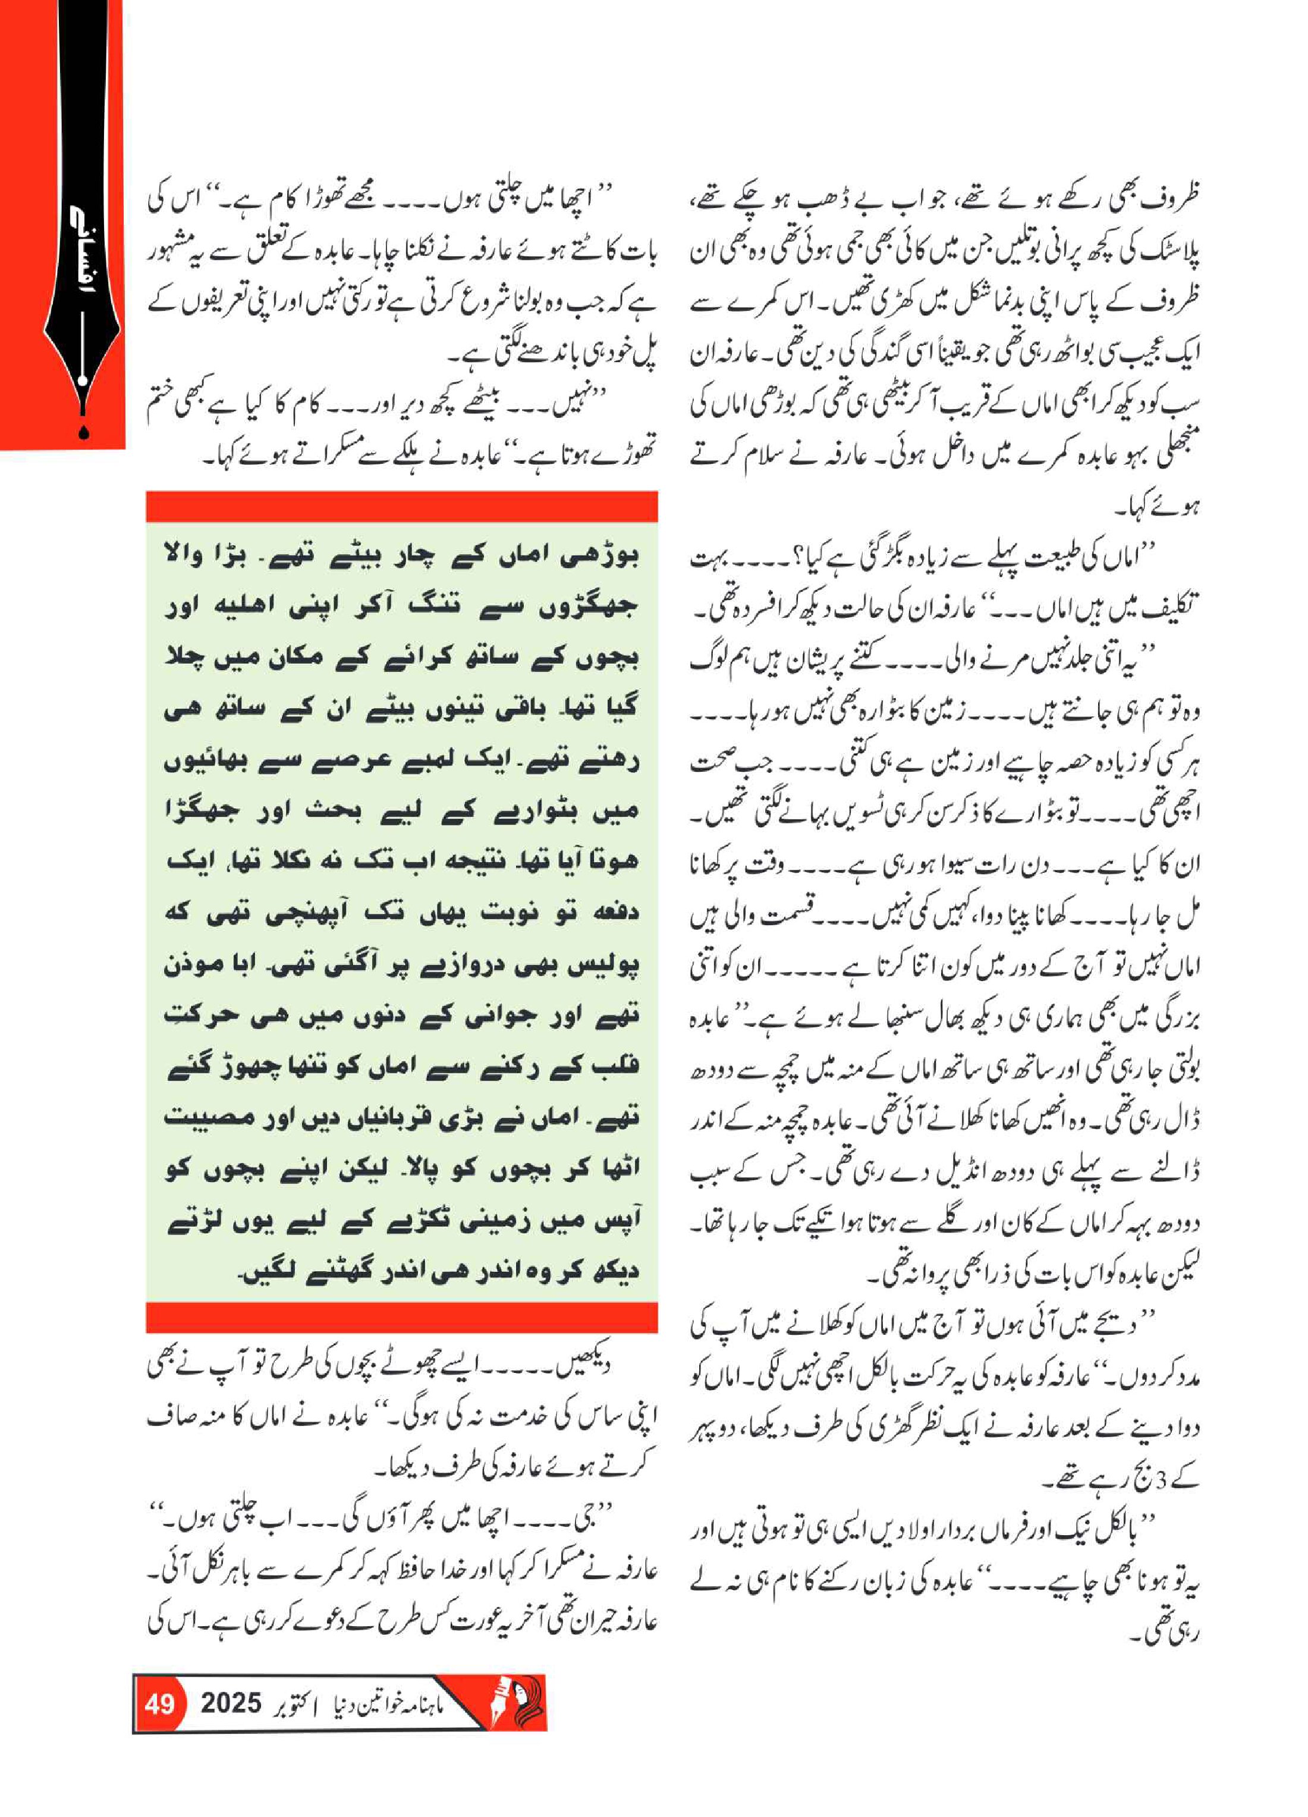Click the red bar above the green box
(x=401, y=507)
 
